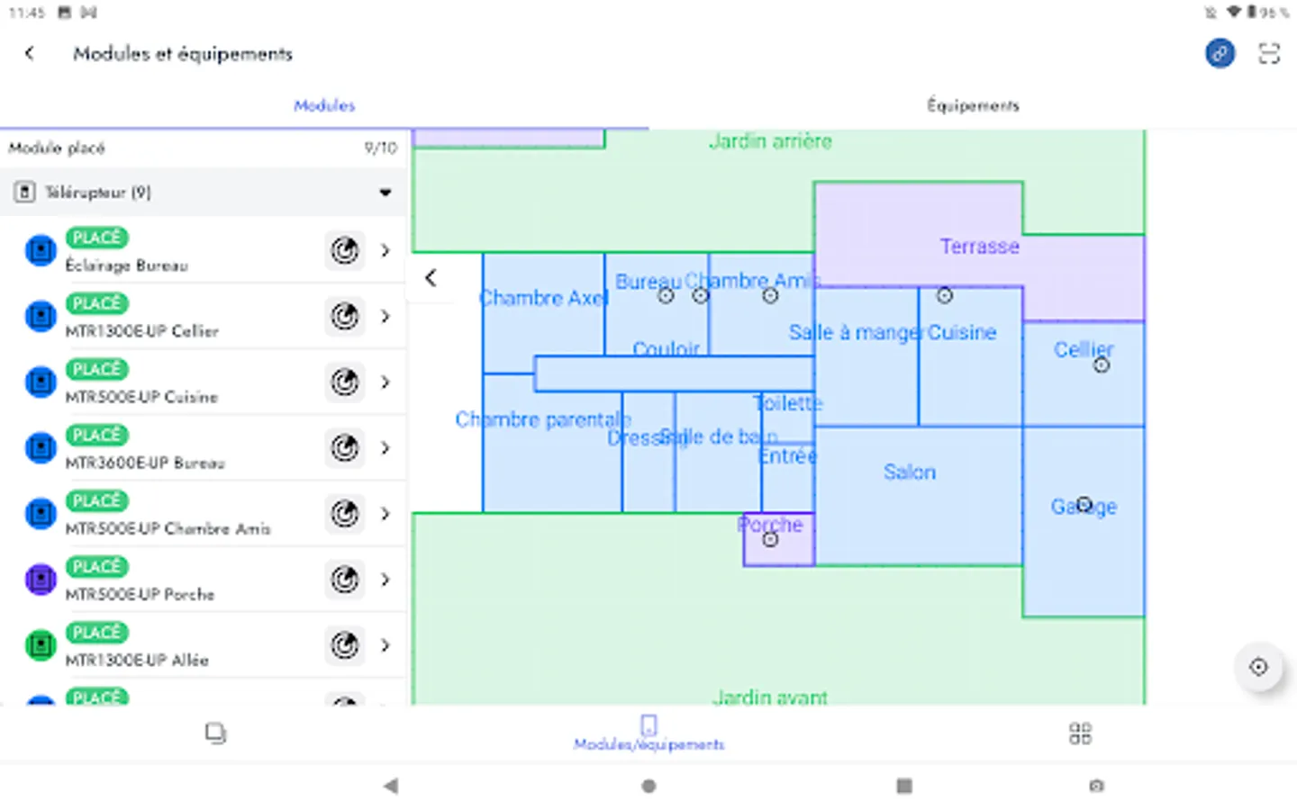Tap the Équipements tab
[973, 105]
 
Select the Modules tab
[324, 105]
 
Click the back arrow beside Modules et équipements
[30, 54]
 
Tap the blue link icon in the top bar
[1220, 54]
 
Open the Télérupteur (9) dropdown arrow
[385, 192]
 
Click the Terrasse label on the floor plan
[979, 247]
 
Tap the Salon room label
[909, 472]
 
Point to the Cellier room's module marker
[1101, 364]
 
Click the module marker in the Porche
[770, 539]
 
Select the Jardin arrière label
[770, 141]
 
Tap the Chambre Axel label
[543, 298]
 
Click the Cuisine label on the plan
[962, 332]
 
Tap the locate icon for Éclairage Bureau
[345, 250]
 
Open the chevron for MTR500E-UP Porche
[385, 580]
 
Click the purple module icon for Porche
[41, 580]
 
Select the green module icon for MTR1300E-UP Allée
[41, 645]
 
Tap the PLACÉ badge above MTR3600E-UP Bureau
[97, 435]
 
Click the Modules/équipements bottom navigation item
[648, 733]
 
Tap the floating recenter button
[1258, 667]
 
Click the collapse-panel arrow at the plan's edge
[431, 278]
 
